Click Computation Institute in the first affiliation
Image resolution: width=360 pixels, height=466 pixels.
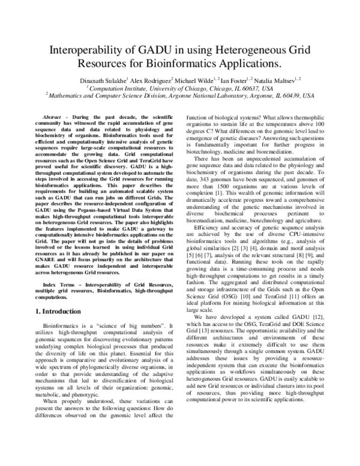[x=118, y=86]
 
